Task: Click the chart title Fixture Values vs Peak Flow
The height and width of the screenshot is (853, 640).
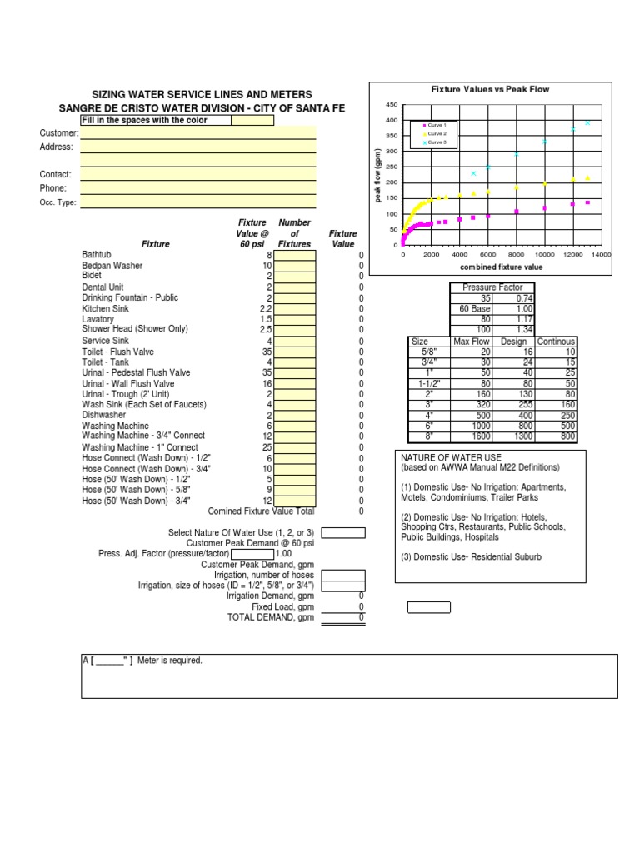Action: tap(489, 89)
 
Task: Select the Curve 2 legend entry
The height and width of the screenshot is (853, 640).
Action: tap(437, 133)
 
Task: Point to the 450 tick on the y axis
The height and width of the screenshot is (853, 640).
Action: tap(392, 105)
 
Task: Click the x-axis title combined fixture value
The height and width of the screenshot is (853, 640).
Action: tap(501, 267)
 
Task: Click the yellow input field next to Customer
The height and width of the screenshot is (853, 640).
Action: tap(198, 133)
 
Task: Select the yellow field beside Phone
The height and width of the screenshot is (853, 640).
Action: tap(198, 188)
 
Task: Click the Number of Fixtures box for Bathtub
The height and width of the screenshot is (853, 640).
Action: tap(296, 255)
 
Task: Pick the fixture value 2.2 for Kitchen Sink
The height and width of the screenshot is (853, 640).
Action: tap(266, 308)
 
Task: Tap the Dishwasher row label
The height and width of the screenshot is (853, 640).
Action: tap(104, 414)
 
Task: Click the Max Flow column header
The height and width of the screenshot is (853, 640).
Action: tap(471, 342)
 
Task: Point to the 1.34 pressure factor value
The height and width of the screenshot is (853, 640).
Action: tap(523, 329)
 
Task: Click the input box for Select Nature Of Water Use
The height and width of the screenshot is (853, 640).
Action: tap(343, 532)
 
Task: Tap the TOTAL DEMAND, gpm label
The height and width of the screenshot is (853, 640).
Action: tap(271, 617)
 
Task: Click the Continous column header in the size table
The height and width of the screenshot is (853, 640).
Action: tap(556, 342)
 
